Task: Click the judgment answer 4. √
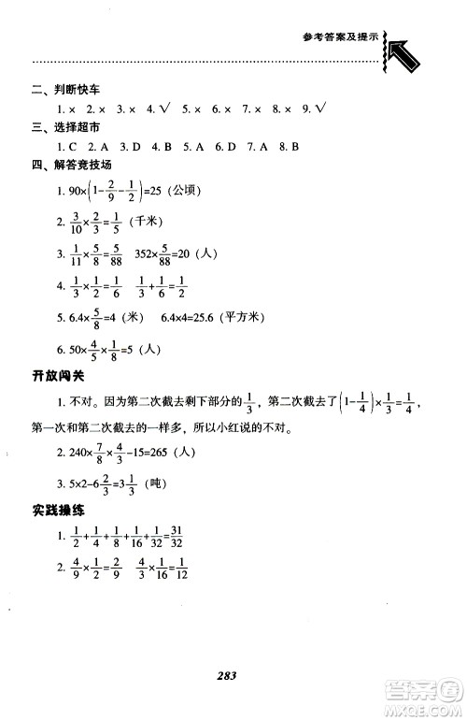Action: pyautogui.click(x=155, y=109)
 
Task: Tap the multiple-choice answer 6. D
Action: pyautogui.click(x=224, y=147)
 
